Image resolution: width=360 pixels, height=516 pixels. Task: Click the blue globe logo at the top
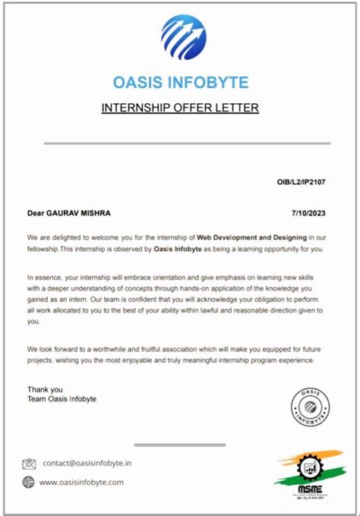182,37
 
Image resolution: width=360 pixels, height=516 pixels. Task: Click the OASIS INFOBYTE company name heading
181,82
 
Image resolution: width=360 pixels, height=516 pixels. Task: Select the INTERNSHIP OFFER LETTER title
180,108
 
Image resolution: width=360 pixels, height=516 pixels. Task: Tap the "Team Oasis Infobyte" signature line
62,399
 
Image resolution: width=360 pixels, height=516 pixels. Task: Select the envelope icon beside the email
29,464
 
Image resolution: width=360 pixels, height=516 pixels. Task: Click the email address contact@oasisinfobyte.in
87,463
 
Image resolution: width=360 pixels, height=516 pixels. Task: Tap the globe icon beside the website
29,482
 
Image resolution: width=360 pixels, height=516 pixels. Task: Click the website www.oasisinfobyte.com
81,482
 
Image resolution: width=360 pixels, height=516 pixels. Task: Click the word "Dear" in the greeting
36,213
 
